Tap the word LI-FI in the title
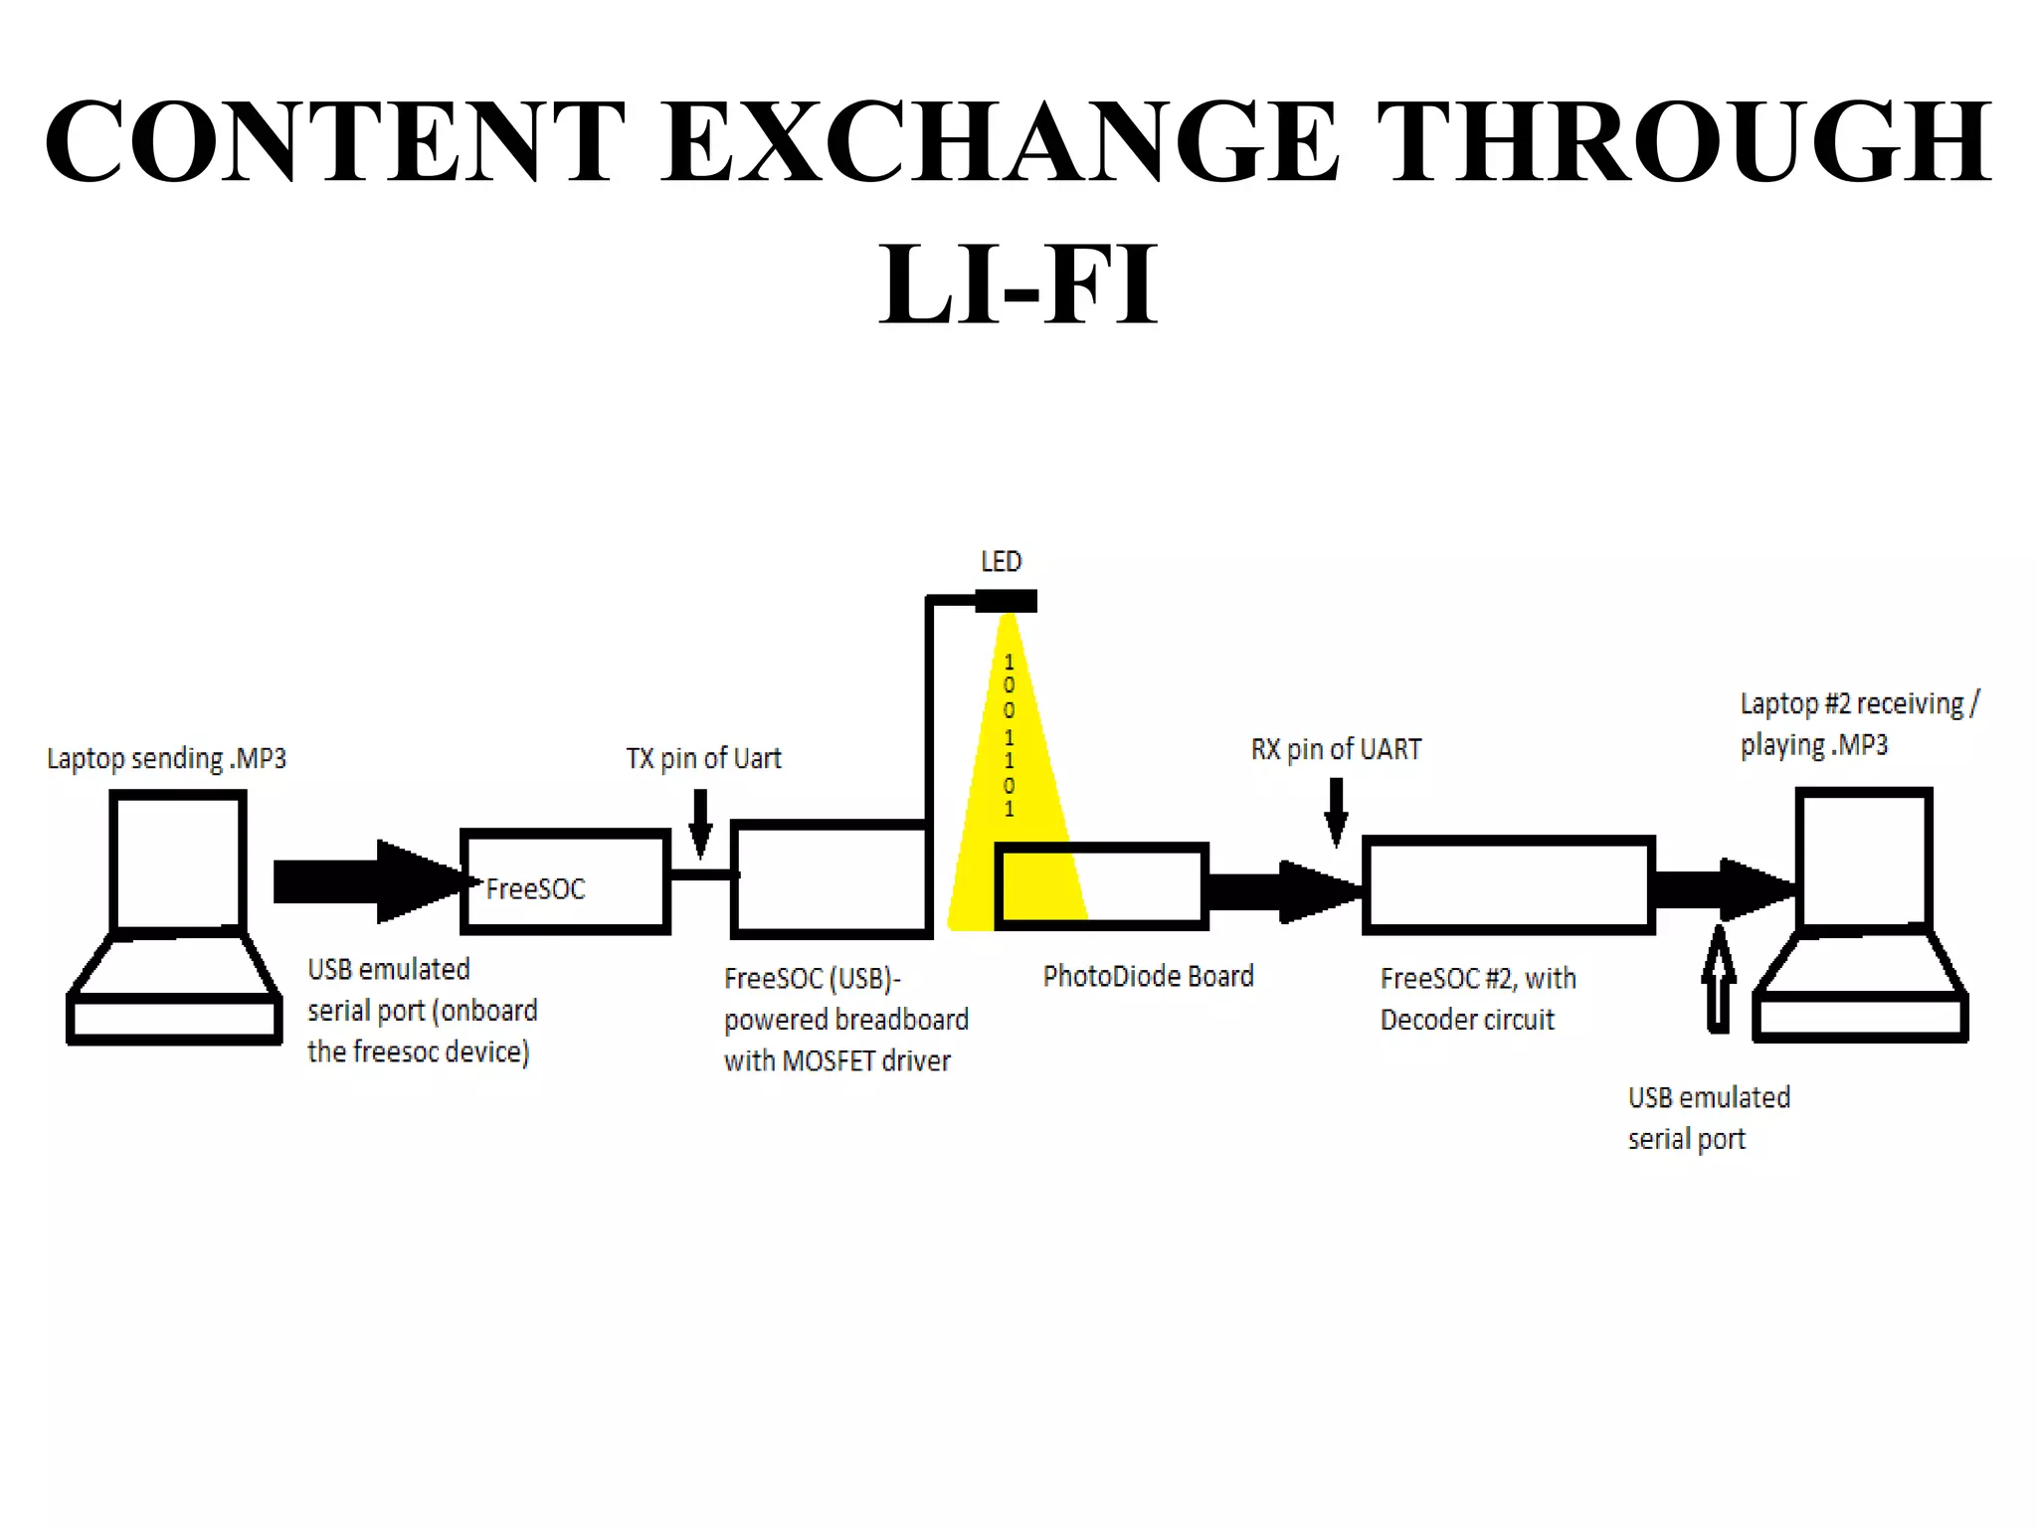(x=1018, y=286)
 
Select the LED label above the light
(x=1001, y=562)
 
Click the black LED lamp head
(x=1007, y=601)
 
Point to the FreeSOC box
(x=565, y=882)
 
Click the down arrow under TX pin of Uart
(x=700, y=824)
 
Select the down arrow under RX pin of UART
(x=1336, y=812)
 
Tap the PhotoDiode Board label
(x=1148, y=977)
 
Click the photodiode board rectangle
(x=1102, y=885)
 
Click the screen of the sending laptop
(x=178, y=861)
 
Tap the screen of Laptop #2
(x=1864, y=858)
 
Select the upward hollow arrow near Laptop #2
(x=1718, y=980)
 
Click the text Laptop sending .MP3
(x=166, y=759)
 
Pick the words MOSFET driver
(x=866, y=1061)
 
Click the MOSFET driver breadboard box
(x=831, y=879)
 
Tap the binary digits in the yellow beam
(x=1009, y=735)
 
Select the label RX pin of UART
(x=1336, y=750)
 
